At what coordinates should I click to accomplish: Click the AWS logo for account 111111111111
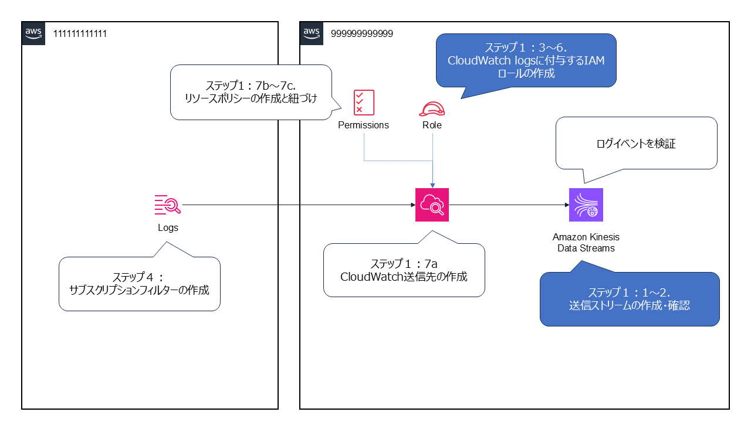click(x=33, y=33)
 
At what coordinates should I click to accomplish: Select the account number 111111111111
click(x=80, y=33)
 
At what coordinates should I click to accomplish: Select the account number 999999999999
click(x=362, y=33)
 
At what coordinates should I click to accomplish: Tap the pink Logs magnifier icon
click(x=168, y=205)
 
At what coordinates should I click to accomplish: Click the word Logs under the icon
click(x=168, y=228)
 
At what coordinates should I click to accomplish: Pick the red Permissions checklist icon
click(x=364, y=102)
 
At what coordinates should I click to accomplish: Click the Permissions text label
click(x=364, y=125)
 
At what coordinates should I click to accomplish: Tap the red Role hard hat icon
click(x=432, y=108)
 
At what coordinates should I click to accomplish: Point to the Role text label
click(x=432, y=125)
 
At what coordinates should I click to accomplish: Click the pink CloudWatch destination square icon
click(x=432, y=205)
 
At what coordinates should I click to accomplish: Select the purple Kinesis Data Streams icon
click(x=586, y=205)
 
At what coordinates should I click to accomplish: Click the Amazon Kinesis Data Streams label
click(x=586, y=243)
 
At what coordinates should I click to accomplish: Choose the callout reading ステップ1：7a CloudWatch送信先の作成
click(x=404, y=270)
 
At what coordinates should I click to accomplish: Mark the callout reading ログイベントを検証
click(x=636, y=143)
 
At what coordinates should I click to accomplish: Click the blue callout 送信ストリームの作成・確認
click(x=630, y=298)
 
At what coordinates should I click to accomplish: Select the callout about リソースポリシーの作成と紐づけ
click(x=251, y=92)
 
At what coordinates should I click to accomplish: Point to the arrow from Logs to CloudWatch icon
click(x=293, y=205)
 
